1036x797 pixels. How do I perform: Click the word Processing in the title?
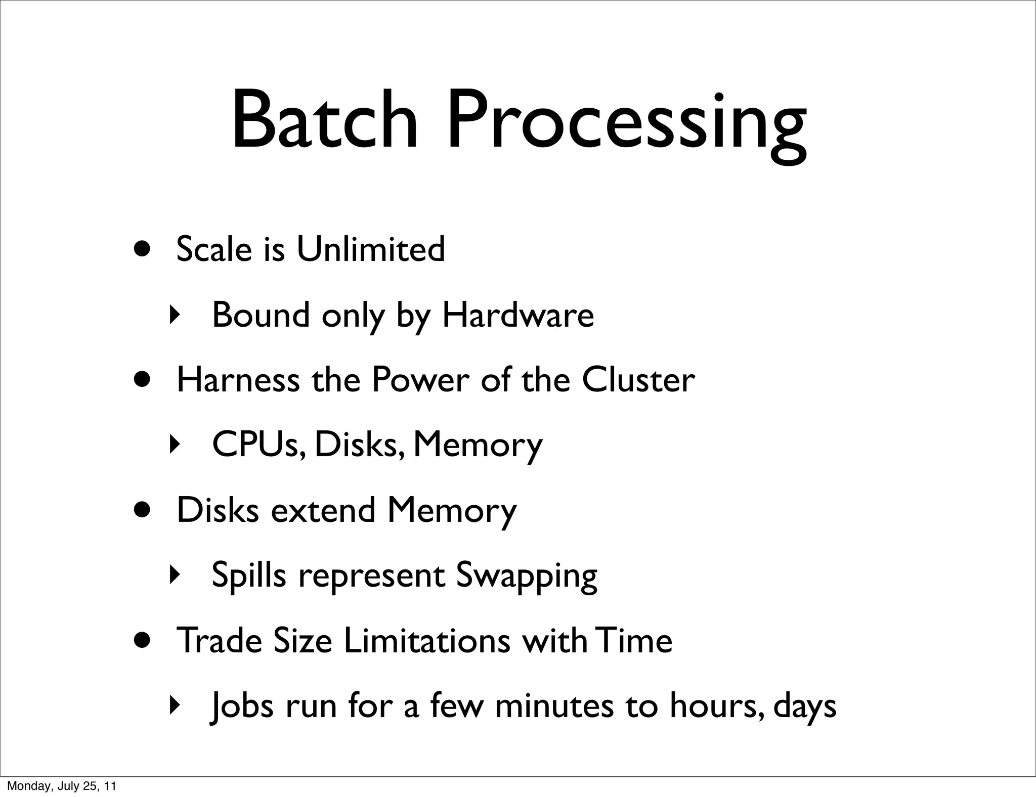pyautogui.click(x=626, y=124)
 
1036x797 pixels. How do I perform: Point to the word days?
pyautogui.click(x=805, y=707)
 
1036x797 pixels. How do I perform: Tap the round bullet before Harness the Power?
pyautogui.click(x=143, y=379)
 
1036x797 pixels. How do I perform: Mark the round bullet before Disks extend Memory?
pyautogui.click(x=143, y=509)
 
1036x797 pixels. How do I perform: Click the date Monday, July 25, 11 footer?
pyautogui.click(x=61, y=786)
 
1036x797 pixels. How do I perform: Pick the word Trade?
pyautogui.click(x=218, y=641)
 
